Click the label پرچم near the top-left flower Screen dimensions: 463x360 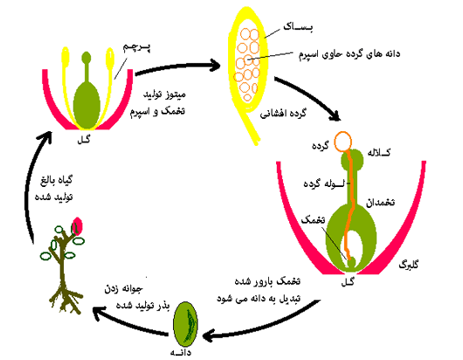coord(136,48)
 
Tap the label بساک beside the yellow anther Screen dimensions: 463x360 coord(298,27)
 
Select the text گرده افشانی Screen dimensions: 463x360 coord(283,114)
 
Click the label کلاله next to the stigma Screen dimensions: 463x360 coord(379,152)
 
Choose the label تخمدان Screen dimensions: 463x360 coord(380,203)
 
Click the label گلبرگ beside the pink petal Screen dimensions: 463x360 coord(409,265)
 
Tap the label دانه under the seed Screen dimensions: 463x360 coord(181,352)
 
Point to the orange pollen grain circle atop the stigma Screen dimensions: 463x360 coord(343,142)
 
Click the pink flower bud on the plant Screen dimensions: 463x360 coord(77,226)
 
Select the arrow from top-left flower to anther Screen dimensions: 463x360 coord(177,66)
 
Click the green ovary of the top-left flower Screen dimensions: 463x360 coord(86,106)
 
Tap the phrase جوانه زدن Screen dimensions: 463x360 coord(124,288)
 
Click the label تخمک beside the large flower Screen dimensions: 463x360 coord(313,220)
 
